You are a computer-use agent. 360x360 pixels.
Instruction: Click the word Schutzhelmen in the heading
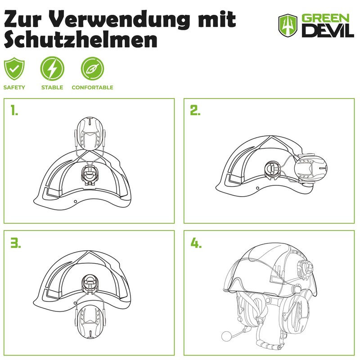[x=81, y=40]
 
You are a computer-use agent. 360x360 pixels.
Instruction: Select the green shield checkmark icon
[x=14, y=69]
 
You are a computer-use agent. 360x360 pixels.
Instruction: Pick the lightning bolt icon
[x=52, y=69]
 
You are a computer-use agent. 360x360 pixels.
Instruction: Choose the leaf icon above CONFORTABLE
[x=92, y=69]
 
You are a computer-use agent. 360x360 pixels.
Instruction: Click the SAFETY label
[x=14, y=87]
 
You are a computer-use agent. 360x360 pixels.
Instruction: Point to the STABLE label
[x=52, y=87]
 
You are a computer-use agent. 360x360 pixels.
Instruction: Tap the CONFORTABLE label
[x=92, y=87]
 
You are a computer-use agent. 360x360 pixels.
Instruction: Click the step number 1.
[x=15, y=111]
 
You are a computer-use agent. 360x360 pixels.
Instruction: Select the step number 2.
[x=195, y=111]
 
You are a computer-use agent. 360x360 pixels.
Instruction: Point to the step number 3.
[x=16, y=243]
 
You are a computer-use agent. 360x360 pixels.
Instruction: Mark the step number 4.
[x=196, y=243]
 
